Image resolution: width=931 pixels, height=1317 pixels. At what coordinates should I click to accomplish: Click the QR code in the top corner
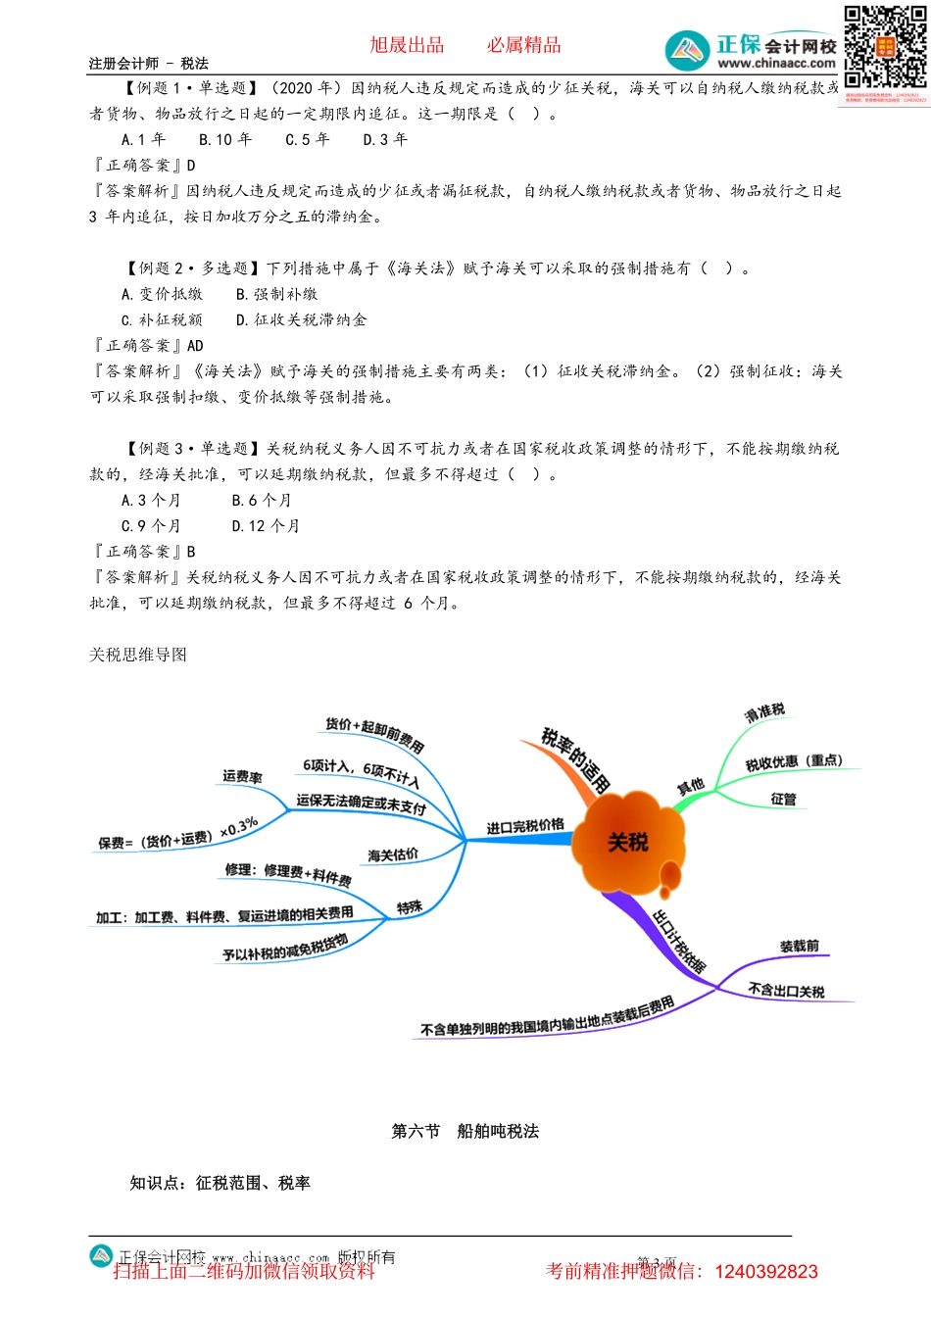tap(884, 48)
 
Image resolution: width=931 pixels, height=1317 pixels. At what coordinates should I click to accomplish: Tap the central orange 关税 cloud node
tap(627, 842)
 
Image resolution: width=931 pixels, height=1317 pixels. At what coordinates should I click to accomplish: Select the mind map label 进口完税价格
tap(525, 827)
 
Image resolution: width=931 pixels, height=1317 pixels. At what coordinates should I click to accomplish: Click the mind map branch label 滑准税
tap(764, 712)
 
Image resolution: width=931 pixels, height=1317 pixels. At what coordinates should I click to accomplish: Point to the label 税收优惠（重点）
tap(794, 761)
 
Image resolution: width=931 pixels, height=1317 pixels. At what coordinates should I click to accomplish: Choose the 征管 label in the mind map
tap(783, 800)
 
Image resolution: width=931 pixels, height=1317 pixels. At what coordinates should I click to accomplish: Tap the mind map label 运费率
tap(242, 777)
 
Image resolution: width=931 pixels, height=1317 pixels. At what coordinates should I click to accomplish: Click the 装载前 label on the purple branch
tap(799, 947)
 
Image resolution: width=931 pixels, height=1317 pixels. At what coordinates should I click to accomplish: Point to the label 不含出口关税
tap(786, 991)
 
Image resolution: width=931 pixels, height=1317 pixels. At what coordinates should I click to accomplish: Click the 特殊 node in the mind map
tap(410, 907)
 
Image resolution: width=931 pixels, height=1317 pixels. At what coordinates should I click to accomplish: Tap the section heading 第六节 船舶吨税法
tap(465, 1131)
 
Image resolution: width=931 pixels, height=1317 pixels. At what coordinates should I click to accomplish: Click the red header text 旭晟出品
tap(407, 45)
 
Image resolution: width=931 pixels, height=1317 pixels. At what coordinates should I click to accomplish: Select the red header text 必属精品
tap(524, 45)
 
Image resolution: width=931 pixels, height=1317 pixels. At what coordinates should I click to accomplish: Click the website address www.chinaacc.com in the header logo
tap(776, 64)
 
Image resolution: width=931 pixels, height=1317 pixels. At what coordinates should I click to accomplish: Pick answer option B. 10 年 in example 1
tap(225, 139)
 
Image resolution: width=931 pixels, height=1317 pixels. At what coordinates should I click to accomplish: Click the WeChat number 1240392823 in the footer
tap(766, 1272)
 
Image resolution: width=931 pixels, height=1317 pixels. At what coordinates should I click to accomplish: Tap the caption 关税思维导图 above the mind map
tap(138, 655)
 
